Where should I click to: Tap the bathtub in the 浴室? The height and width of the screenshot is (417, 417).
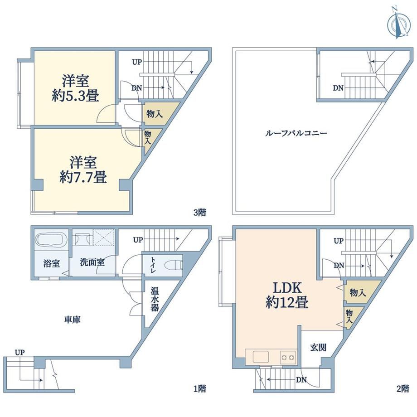coord(50,239)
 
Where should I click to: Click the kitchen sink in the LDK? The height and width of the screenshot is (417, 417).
coord(261,356)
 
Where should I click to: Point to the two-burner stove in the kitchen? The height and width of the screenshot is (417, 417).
coord(287,357)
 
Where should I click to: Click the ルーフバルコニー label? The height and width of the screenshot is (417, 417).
coord(296,133)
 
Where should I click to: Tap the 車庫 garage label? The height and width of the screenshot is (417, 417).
coord(72,320)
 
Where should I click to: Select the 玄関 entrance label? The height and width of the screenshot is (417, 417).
coord(318,347)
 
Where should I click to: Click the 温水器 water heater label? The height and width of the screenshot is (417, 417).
coord(155,299)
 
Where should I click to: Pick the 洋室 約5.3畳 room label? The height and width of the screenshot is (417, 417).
coord(76,88)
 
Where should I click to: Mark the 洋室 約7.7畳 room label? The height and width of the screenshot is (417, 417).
coord(83,170)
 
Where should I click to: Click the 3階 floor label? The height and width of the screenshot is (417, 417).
coord(199,212)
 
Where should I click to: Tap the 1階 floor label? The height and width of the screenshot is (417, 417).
coord(199,388)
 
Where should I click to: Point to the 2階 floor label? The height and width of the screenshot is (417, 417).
coord(402,388)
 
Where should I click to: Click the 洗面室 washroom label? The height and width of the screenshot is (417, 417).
coord(92,262)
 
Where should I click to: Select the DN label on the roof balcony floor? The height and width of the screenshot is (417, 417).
coord(338,88)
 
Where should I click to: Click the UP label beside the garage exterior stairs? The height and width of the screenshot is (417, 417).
coord(19,353)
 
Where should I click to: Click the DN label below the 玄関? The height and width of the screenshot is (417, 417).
coord(301,380)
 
